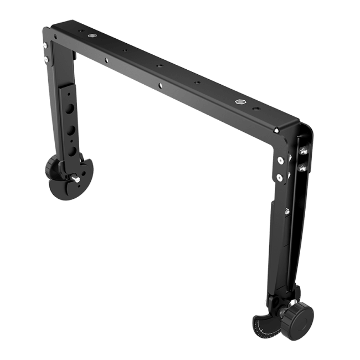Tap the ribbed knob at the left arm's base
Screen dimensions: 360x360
[53, 165]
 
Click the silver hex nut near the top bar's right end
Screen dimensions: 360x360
[239, 102]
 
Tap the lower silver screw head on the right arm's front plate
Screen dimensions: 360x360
[279, 177]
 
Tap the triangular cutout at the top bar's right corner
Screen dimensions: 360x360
[276, 130]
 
